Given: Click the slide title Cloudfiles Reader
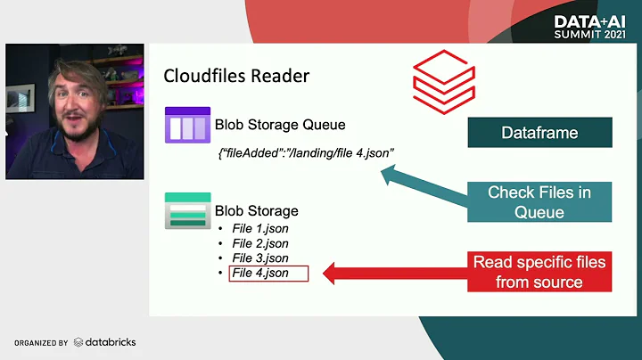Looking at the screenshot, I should pyautogui.click(x=236, y=76).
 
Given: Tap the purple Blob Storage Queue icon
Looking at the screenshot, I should pyautogui.click(x=186, y=126).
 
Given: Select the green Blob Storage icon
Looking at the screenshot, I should pyautogui.click(x=187, y=211).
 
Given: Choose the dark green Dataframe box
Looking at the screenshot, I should pyautogui.click(x=539, y=133).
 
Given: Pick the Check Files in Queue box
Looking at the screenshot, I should pyautogui.click(x=539, y=202).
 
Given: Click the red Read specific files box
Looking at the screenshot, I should pyautogui.click(x=539, y=273).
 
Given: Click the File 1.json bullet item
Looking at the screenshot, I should pyautogui.click(x=259, y=229).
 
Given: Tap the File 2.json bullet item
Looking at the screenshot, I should pyautogui.click(x=259, y=243).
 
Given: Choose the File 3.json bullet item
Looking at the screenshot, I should pyautogui.click(x=259, y=258).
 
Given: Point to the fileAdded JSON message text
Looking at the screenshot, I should pyautogui.click(x=306, y=154).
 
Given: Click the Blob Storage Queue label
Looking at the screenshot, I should pyautogui.click(x=280, y=126).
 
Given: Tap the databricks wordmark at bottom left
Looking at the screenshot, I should pyautogui.click(x=105, y=342).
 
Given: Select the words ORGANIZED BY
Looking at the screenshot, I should pyautogui.click(x=41, y=343).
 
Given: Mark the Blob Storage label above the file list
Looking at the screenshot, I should pyautogui.click(x=257, y=211).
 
